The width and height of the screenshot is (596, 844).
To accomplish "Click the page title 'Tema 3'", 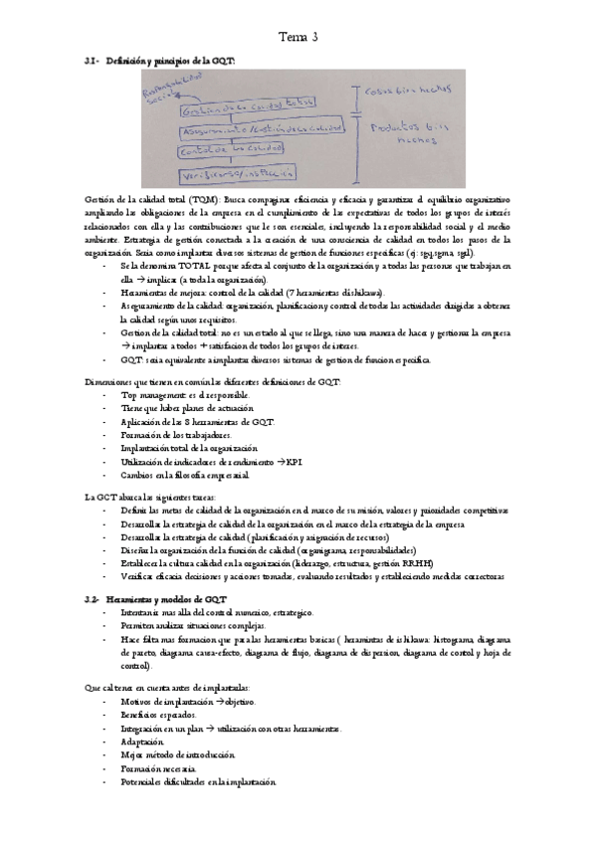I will (298, 37).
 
